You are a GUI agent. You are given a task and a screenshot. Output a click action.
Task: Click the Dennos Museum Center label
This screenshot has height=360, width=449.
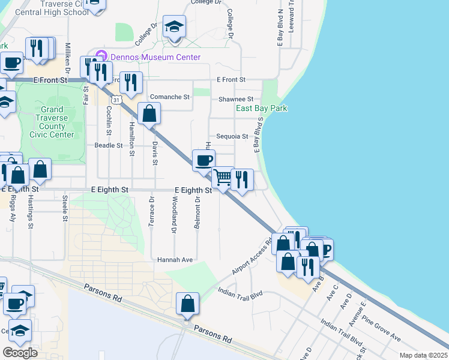tap(154, 58)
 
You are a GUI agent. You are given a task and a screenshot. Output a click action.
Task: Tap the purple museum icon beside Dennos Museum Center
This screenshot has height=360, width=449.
tap(101, 57)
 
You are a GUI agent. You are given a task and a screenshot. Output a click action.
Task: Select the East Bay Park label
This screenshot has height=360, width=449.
tap(261, 109)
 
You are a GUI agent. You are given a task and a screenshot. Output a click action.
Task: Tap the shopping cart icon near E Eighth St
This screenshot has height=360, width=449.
tap(223, 178)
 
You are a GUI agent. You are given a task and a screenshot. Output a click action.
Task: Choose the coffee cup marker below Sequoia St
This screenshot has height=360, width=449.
tap(203, 160)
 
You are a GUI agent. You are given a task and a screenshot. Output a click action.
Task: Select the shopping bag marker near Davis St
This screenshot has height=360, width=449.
tap(149, 113)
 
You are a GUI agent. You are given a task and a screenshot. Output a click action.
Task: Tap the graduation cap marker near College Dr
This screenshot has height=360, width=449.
tap(175, 26)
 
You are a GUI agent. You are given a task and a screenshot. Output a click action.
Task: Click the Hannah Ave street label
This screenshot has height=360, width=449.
tap(175, 260)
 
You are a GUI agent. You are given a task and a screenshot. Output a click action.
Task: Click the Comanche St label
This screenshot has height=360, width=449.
tap(169, 97)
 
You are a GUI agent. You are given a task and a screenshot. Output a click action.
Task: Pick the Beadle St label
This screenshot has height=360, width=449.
tap(109, 145)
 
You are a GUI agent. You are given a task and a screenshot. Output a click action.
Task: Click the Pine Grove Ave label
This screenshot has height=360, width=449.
tap(382, 329)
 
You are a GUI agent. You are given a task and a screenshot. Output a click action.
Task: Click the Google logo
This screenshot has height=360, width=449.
tap(20, 353)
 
